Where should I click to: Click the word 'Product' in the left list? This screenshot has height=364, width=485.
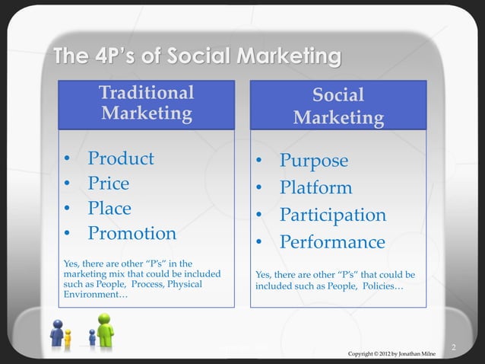pyautogui.click(x=121, y=158)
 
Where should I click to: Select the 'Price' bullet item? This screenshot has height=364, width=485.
pyautogui.click(x=109, y=184)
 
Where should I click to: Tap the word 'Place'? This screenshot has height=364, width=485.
pyautogui.click(x=109, y=209)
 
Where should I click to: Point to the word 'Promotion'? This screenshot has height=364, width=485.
pyautogui.click(x=132, y=233)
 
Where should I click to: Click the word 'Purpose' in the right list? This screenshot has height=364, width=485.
pyautogui.click(x=314, y=161)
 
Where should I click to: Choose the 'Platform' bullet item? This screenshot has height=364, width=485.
pyautogui.click(x=315, y=188)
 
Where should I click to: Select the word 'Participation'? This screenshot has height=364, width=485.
pyautogui.click(x=332, y=215)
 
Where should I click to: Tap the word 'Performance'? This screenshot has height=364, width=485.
pyautogui.click(x=331, y=242)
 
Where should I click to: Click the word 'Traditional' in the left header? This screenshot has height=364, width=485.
pyautogui.click(x=146, y=93)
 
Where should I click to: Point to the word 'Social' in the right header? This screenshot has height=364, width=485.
pyautogui.click(x=338, y=95)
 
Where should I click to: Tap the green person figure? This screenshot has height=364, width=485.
pyautogui.click(x=105, y=330)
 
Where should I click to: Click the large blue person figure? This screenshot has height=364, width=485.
pyautogui.click(x=56, y=333)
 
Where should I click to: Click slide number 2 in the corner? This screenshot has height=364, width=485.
pyautogui.click(x=453, y=348)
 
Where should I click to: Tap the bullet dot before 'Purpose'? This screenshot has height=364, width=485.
pyautogui.click(x=259, y=162)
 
